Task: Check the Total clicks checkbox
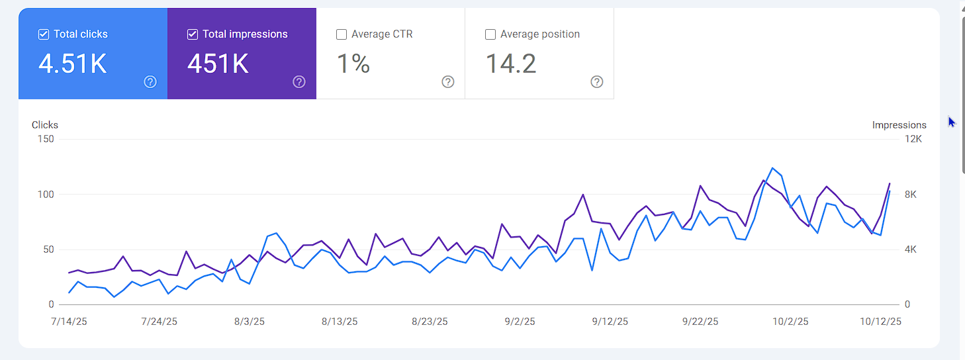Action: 44,34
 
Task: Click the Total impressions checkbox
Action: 193,34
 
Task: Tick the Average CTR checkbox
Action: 342,34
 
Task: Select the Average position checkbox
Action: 490,34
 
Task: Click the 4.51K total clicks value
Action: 73,64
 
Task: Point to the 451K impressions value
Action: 218,64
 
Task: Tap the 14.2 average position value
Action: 511,64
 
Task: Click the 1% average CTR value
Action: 353,64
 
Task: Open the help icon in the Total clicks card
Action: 150,82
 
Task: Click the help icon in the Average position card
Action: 597,82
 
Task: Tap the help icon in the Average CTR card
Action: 448,82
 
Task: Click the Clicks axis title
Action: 45,124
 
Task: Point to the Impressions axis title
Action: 899,125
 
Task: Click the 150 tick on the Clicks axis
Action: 46,139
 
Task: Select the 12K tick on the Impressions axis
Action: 914,139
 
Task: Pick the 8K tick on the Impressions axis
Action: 911,195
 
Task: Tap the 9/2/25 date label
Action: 520,322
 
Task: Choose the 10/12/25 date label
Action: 880,322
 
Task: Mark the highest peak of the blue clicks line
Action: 772,168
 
